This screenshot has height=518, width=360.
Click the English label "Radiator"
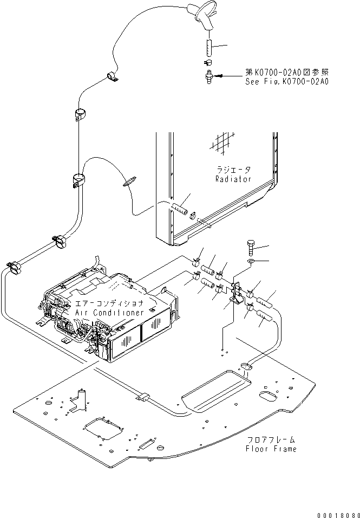[233, 179]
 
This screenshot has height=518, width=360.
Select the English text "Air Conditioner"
[103, 313]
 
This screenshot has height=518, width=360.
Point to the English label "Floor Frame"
[271, 449]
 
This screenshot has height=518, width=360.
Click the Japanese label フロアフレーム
[271, 439]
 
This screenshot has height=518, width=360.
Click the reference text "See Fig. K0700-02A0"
[286, 82]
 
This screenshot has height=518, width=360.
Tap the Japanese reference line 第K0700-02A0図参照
[286, 72]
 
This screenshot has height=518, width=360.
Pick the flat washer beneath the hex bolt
[252, 263]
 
